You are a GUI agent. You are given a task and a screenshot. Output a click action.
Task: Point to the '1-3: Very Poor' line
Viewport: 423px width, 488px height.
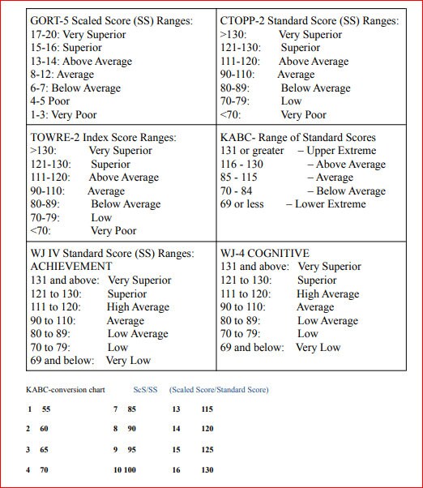coord(64,115)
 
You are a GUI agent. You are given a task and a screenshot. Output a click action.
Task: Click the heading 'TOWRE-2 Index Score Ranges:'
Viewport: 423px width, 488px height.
coord(103,138)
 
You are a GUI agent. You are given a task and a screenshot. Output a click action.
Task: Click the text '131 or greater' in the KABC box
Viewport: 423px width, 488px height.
coord(252,151)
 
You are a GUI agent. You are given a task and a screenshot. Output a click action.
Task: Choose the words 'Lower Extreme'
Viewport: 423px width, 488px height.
coord(331,204)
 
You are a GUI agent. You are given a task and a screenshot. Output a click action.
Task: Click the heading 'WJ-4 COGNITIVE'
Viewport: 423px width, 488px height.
coord(264,254)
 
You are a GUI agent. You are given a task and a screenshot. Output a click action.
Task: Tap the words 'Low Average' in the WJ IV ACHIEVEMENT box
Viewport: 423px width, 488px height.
coord(138,334)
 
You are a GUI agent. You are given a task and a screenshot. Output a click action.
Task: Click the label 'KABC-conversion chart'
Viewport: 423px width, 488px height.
coord(66,390)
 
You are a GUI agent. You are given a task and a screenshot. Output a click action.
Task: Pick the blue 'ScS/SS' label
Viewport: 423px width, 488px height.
coord(146,390)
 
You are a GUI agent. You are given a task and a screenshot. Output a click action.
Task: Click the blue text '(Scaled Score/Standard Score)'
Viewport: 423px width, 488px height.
coord(219,390)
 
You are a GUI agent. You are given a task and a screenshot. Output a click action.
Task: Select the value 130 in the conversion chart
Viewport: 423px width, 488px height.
coord(207,470)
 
